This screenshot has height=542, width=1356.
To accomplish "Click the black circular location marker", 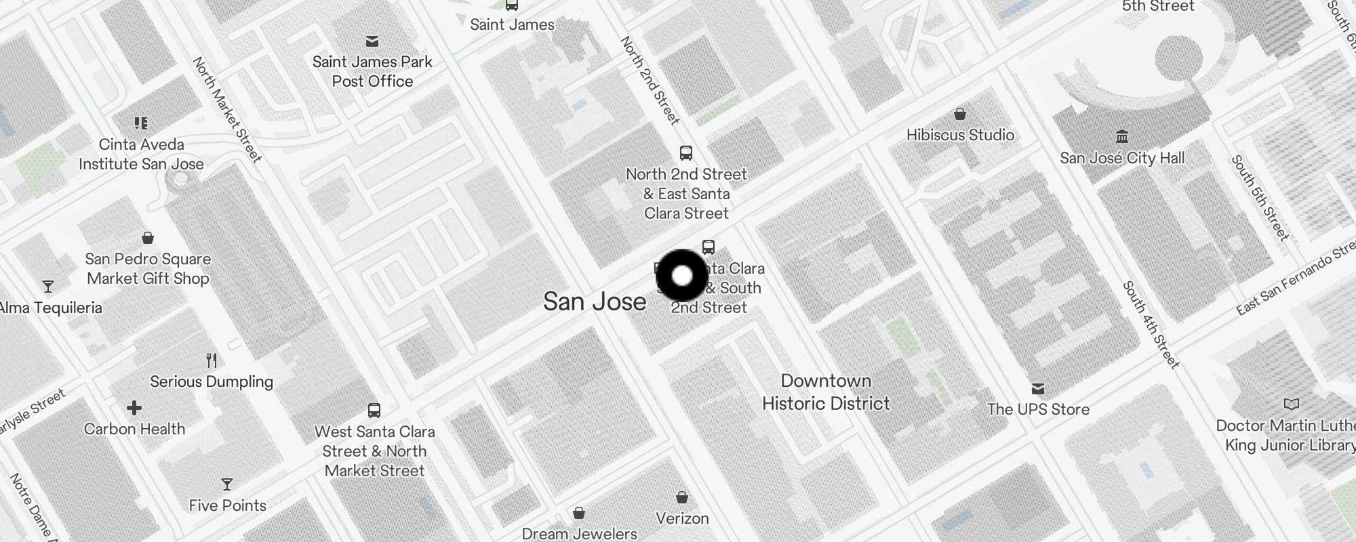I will pos(682,276).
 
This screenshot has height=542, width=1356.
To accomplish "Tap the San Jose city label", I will pos(595,301).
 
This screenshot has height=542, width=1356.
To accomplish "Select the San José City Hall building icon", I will pos(1122,137).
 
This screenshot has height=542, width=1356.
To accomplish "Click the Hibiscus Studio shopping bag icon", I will pos(960,114).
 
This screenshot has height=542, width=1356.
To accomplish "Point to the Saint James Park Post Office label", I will pos(372,71).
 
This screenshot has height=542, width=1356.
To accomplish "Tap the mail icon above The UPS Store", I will pos(1038,389).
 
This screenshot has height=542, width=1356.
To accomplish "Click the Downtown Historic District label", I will pos(826,392).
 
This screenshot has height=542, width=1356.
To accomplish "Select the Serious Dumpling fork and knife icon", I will pos(212,360).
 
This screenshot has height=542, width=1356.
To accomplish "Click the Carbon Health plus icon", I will pos(134,408).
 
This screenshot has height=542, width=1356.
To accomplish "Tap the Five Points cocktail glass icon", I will pos(227,484).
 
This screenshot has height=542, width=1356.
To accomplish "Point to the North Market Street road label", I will pos(227,110).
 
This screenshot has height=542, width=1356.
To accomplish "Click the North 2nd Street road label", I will pos(650,81).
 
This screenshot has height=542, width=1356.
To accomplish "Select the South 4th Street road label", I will pos(1151,325).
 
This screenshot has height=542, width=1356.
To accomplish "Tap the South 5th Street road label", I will pos(1260,198).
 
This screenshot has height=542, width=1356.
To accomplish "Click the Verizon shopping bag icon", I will pos(682,498).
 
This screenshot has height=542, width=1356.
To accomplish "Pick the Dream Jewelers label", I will pos(579,534).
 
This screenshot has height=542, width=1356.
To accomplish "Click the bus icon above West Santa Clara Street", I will pos(374,410).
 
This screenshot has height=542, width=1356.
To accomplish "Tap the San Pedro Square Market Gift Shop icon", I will pos(148,238).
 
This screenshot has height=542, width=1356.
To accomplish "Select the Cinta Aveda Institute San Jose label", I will pos(141,154).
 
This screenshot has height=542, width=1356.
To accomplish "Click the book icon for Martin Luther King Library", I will pos(1292,404).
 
